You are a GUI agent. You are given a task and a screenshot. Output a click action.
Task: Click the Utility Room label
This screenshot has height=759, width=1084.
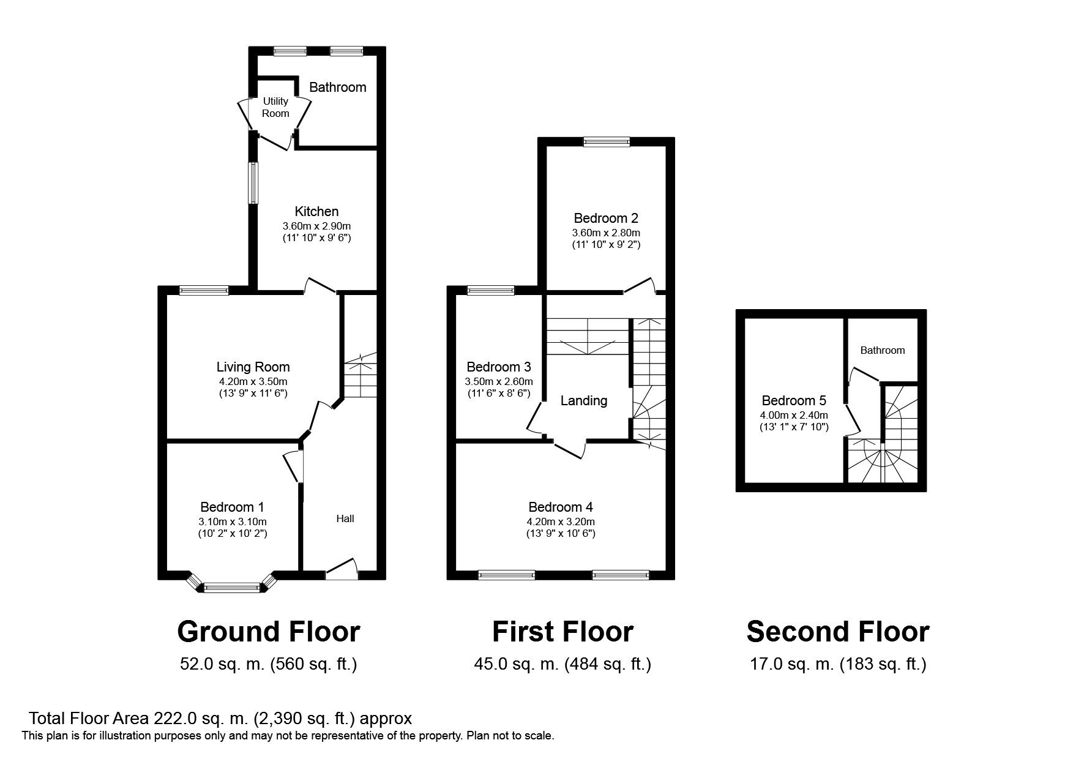click(275, 107)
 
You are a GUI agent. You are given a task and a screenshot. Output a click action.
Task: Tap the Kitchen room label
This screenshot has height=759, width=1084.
click(316, 212)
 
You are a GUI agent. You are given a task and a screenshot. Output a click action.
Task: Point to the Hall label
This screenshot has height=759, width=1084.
click(345, 518)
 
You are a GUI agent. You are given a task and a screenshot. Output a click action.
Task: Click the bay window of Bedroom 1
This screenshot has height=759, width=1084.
click(232, 586)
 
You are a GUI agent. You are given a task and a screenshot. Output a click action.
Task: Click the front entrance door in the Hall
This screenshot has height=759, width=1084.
click(342, 569)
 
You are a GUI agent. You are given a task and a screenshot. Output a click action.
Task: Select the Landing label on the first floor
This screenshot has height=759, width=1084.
click(584, 401)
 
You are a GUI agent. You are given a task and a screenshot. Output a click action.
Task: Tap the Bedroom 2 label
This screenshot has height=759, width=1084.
click(606, 218)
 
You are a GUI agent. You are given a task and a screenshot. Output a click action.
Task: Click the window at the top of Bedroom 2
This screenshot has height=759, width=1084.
click(607, 142)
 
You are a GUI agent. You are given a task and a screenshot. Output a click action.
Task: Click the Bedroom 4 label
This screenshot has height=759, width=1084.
click(561, 507)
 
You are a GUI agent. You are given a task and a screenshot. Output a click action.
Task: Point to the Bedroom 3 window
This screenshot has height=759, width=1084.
click(491, 291)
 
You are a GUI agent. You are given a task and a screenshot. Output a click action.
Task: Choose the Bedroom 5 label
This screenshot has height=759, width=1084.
click(794, 400)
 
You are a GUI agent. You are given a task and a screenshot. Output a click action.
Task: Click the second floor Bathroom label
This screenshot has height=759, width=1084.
click(882, 350)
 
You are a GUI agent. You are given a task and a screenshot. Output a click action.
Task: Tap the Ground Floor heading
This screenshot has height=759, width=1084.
click(269, 632)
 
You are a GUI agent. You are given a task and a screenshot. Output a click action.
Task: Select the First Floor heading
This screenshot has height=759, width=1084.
click(563, 632)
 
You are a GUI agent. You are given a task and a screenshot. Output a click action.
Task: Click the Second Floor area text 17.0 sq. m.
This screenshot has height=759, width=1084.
click(792, 664)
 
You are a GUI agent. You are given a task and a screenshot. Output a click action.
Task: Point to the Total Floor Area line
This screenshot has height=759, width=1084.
click(220, 718)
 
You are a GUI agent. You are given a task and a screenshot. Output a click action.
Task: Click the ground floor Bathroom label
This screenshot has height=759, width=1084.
click(338, 87)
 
